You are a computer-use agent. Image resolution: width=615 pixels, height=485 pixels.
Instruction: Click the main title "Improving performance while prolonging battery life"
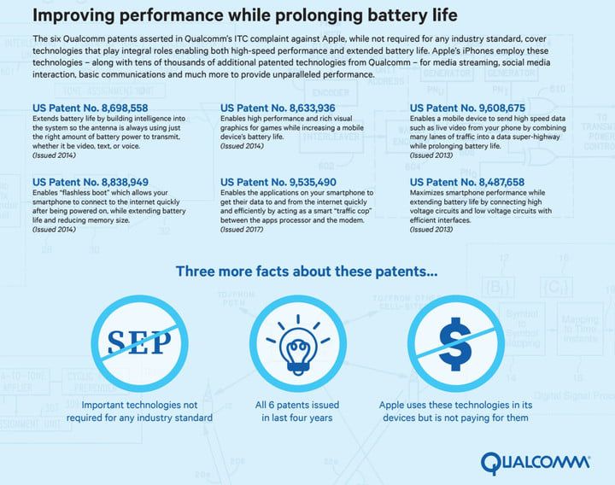pos(243,15)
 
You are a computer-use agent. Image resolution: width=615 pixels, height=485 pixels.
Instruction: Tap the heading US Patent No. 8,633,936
pos(278,108)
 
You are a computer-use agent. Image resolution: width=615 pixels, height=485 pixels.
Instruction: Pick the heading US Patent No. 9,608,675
pos(468,108)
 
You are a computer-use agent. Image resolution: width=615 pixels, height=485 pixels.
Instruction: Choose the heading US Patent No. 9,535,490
pos(278,182)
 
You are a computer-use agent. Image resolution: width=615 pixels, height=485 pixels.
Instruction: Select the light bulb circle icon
pos(296,340)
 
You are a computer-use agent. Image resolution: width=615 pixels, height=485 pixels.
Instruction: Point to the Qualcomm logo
pos(534,463)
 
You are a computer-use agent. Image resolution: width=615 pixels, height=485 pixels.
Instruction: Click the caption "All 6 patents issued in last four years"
pos(297,412)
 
